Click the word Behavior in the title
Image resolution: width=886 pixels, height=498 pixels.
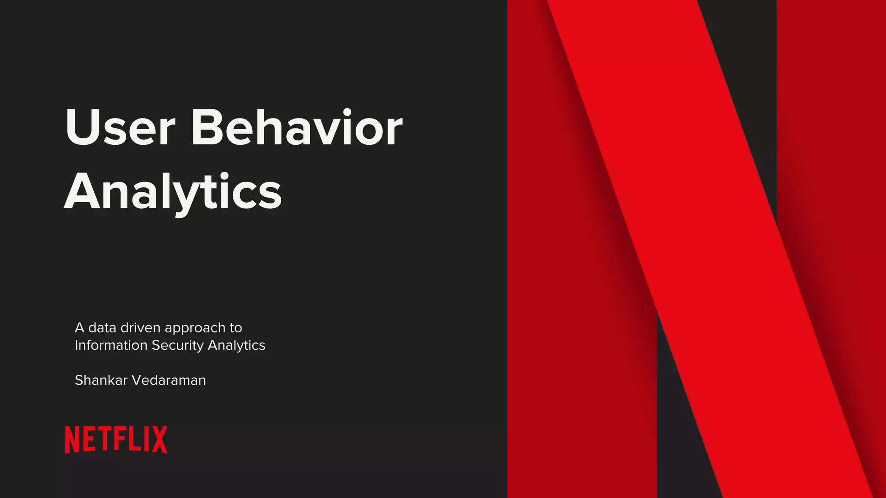pos(297,128)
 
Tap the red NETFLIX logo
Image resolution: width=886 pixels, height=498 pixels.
pos(116,440)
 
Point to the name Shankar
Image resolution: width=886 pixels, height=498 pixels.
pos(101,380)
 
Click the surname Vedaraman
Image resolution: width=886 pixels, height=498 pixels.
pos(169,380)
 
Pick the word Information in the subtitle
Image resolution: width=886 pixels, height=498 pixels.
pos(111,345)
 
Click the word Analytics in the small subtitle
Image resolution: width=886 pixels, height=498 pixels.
pos(237,345)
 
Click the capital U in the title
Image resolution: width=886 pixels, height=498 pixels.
pos(82,128)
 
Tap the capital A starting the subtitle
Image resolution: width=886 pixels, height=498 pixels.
pos(80,328)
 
